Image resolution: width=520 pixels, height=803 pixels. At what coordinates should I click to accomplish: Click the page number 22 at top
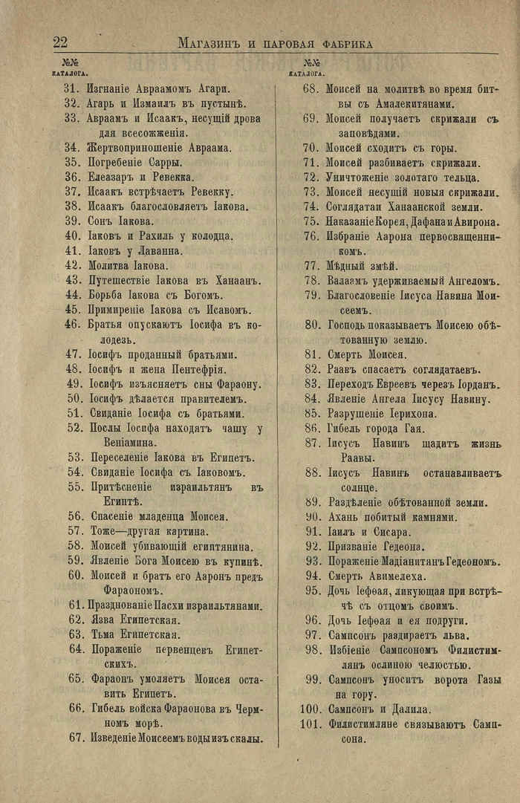(x=60, y=42)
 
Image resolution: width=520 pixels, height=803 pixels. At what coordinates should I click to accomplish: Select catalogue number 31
(x=71, y=88)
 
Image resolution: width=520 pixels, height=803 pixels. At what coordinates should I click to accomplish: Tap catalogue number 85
(x=311, y=413)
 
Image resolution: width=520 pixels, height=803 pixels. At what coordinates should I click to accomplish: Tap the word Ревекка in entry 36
(x=171, y=177)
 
